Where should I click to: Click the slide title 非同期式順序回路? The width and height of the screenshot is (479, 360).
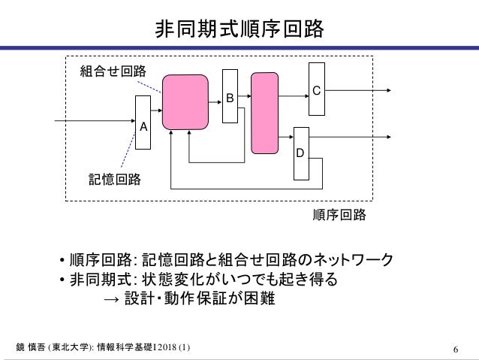tap(239, 29)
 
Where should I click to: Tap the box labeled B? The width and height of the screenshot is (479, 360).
tap(230, 96)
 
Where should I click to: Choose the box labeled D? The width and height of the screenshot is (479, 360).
tap(300, 153)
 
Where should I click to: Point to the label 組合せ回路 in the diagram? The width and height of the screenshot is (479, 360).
tap(113, 71)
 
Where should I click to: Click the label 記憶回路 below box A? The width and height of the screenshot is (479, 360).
tap(114, 180)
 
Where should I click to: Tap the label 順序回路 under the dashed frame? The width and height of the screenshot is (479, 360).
tap(339, 215)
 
